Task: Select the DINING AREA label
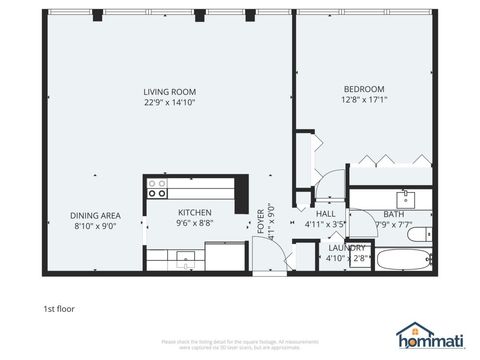point(95,215)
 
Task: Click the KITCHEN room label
point(194,212)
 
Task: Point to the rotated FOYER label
point(261,220)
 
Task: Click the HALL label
point(326,214)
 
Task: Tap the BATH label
point(393,214)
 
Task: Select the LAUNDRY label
point(346,247)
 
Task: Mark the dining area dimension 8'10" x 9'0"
point(95,226)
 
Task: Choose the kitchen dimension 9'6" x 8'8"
point(194,223)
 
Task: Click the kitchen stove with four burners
point(157,185)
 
